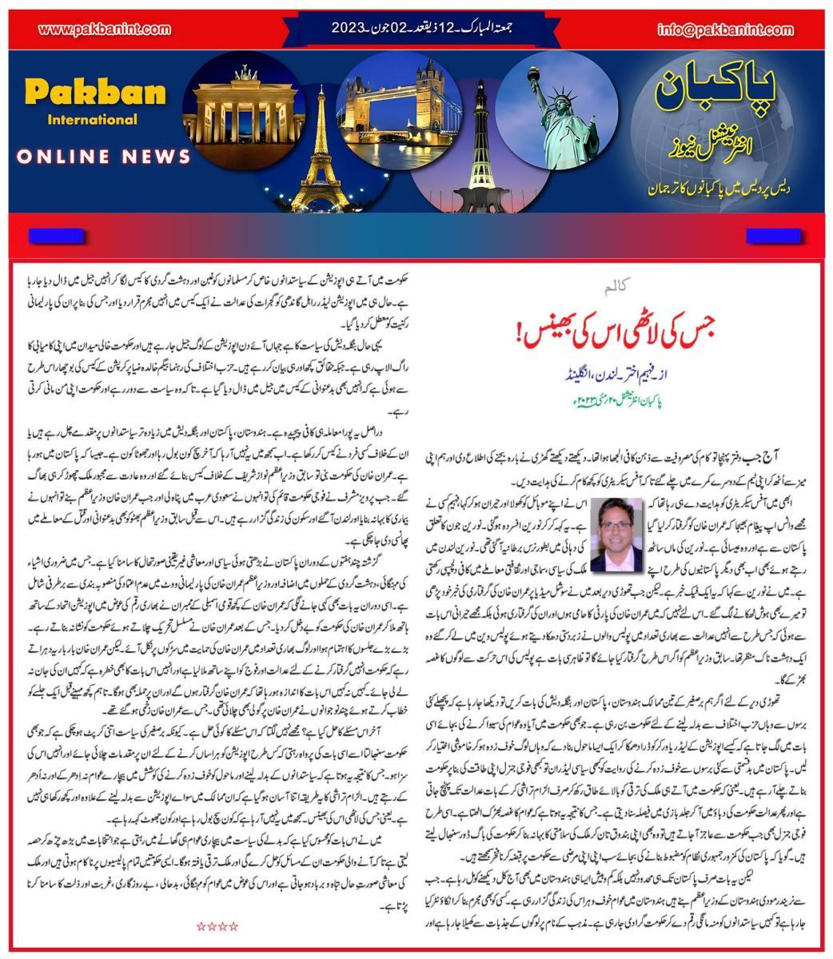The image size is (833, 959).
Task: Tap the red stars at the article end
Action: tap(217, 926)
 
